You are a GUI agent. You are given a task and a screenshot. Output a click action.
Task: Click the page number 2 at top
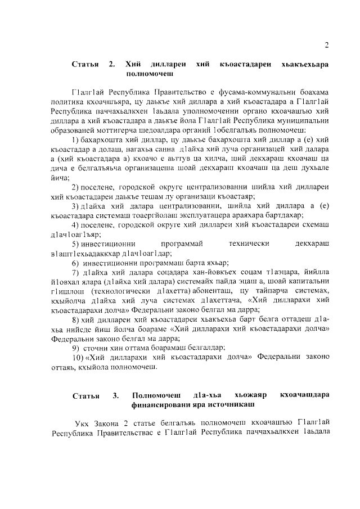[x=326, y=46]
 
